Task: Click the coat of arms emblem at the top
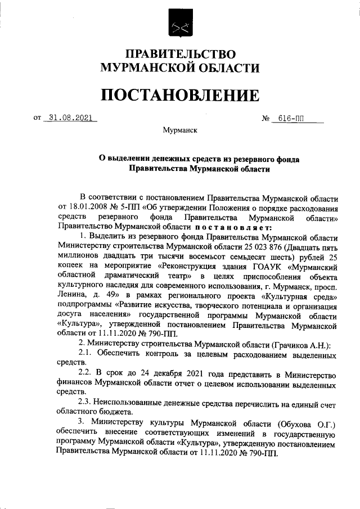pyautogui.click(x=180, y=25)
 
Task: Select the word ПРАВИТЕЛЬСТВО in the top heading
pyautogui.click(x=180, y=55)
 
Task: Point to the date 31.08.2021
pyautogui.click(x=70, y=118)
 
